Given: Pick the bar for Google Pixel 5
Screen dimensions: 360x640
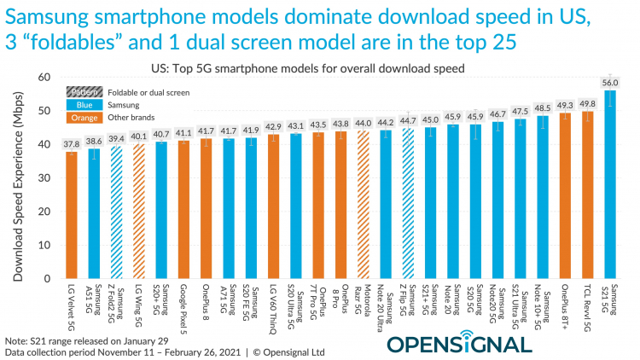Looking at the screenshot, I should pyautogui.click(x=183, y=208).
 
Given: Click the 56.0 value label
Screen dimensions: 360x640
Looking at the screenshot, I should pyautogui.click(x=610, y=82).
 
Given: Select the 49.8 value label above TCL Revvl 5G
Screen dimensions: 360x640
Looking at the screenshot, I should pyautogui.click(x=588, y=103).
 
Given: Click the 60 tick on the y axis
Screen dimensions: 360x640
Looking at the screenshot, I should pyautogui.click(x=44, y=78).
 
